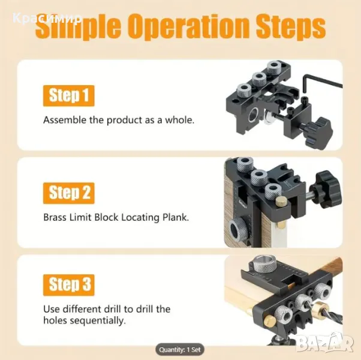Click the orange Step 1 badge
[x=68, y=96]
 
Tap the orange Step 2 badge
[x=68, y=193]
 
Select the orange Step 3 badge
[x=68, y=285]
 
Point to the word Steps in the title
[x=291, y=27]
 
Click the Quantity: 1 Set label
[x=180, y=350]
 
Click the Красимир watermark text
[x=47, y=18]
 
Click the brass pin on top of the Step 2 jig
[x=281, y=201]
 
